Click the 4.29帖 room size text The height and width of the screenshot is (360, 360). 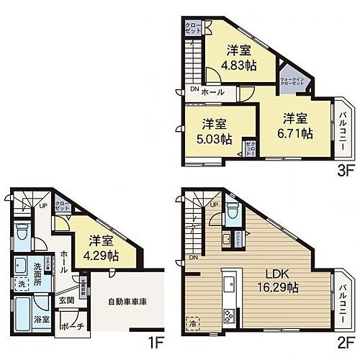tap(102, 254)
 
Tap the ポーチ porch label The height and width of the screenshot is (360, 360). tap(75, 326)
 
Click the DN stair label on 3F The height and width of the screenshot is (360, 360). tap(194, 90)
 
